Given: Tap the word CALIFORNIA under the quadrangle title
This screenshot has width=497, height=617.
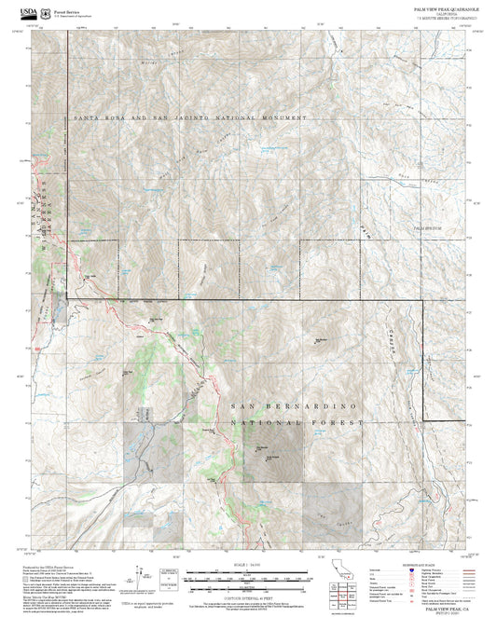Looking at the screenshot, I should [446, 12].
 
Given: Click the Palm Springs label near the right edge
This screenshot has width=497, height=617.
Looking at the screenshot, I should [429, 226].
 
